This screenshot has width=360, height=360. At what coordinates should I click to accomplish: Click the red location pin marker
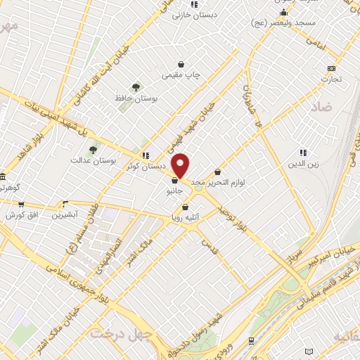[181, 166]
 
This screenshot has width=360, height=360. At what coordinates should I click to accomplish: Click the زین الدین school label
[303, 164]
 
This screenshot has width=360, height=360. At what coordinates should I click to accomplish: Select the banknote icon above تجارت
[331, 68]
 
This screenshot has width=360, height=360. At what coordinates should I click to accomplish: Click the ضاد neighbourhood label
[319, 108]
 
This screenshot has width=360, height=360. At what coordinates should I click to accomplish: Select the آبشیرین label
[68, 214]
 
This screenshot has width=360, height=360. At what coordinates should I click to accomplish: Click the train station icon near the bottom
[251, 340]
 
